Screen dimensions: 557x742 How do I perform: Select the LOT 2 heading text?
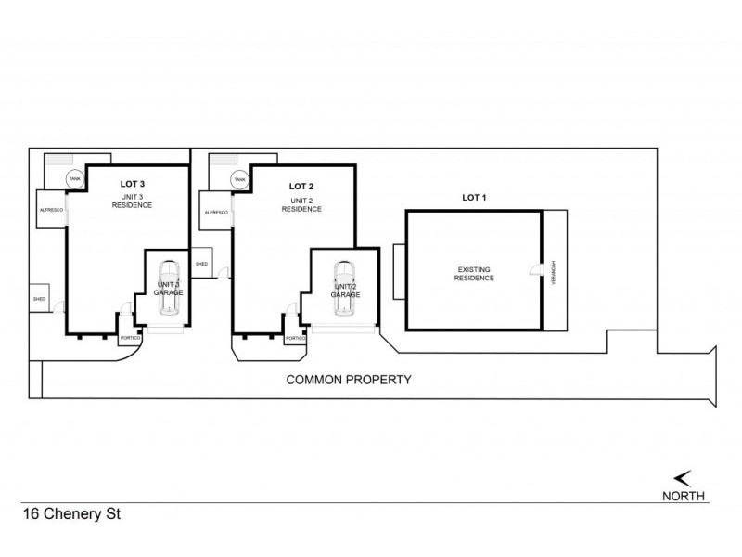302,186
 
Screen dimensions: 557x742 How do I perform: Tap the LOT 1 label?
474,197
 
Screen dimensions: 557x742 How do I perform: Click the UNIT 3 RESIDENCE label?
133,200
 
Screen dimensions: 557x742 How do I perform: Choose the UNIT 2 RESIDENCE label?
302,203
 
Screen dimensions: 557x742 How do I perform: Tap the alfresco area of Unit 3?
50,211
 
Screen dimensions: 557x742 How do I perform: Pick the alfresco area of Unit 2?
215,212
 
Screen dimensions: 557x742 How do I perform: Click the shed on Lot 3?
40,299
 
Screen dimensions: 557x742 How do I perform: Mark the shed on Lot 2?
202,263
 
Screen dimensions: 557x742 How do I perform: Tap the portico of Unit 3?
129,337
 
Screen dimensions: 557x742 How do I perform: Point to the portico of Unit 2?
295,338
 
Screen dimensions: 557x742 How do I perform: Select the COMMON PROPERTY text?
348,380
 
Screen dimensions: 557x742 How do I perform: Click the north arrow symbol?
683,478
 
